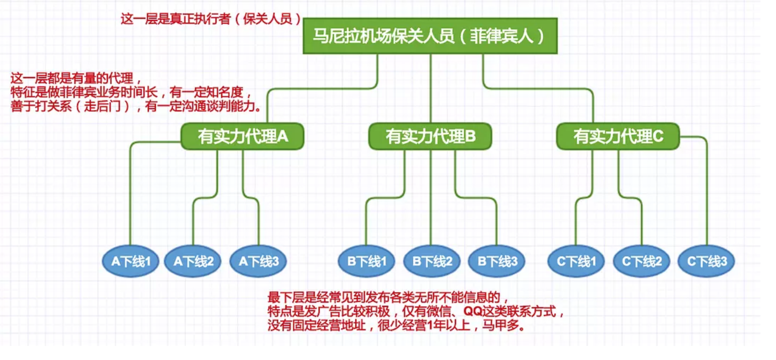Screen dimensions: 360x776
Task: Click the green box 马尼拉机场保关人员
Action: (430, 36)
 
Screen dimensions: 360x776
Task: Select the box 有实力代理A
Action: (242, 136)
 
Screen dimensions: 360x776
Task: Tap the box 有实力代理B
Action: (430, 136)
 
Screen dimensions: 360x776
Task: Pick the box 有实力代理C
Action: (618, 136)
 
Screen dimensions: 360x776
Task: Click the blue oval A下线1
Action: (130, 261)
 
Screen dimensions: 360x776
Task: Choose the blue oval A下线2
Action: (193, 261)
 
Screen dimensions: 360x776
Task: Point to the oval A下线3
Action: (258, 261)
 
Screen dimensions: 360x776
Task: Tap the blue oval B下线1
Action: (366, 261)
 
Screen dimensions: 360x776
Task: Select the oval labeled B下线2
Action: (432, 261)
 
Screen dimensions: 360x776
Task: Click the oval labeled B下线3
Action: (497, 261)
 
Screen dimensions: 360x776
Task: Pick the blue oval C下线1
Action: (576, 261)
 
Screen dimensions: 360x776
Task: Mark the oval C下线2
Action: (642, 261)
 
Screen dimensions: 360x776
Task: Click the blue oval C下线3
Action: (707, 261)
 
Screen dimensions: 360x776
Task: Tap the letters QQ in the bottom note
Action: (473, 311)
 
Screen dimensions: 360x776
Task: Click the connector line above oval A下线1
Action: (130, 194)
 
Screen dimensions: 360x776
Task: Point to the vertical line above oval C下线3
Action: (707, 194)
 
